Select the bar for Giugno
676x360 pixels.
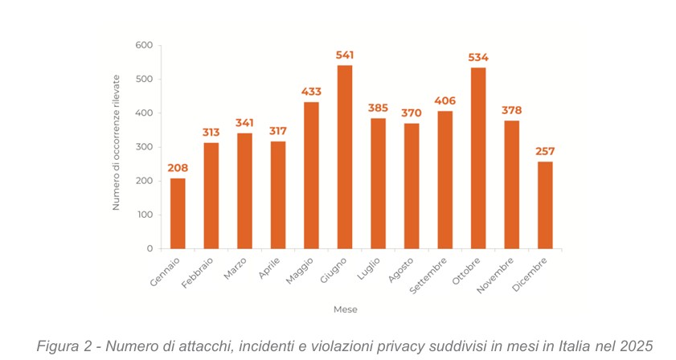click(x=344, y=157)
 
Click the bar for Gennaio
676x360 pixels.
click(x=178, y=213)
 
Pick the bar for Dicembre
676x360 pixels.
click(x=545, y=205)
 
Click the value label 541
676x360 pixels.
click(x=344, y=55)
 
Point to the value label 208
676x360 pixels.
click(x=178, y=168)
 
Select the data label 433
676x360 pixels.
click(x=311, y=92)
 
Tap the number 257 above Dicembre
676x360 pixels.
click(x=545, y=151)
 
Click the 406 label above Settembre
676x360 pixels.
click(x=445, y=100)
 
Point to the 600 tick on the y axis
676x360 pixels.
click(x=144, y=46)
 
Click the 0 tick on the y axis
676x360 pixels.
click(x=150, y=249)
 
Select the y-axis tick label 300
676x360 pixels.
click(x=144, y=147)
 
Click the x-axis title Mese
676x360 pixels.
click(x=346, y=309)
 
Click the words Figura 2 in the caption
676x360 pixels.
click(x=61, y=346)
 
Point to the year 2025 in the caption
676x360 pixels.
click(x=633, y=346)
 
